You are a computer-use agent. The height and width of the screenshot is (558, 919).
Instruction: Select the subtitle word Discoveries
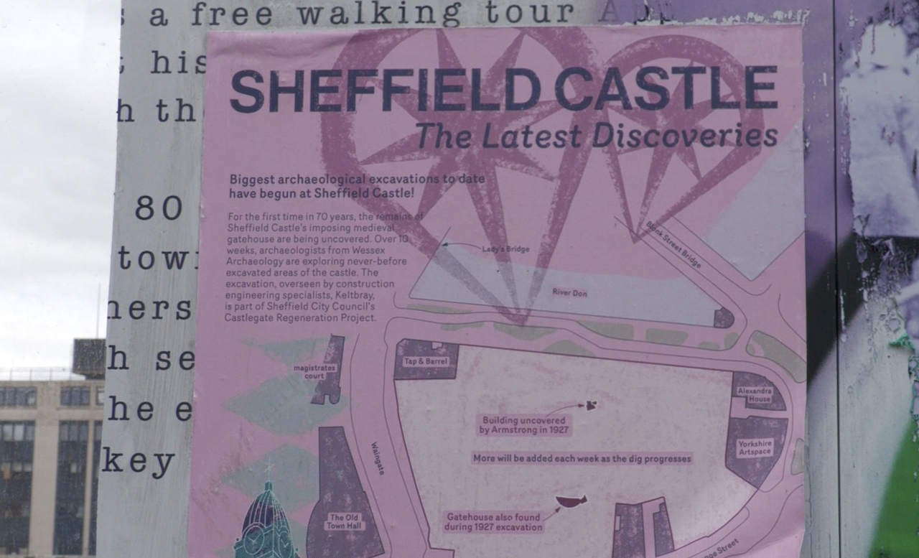(x=685, y=136)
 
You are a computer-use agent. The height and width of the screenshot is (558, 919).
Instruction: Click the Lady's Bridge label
(x=506, y=249)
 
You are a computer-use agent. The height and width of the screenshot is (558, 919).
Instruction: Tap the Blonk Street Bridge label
(x=673, y=244)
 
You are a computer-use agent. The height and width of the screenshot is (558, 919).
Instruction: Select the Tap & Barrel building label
(x=426, y=361)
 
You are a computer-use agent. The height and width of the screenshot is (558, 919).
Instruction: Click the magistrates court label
(x=315, y=371)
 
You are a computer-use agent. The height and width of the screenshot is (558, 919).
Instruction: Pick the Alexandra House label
(x=755, y=395)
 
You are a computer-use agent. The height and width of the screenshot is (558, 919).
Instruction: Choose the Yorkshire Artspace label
(x=755, y=447)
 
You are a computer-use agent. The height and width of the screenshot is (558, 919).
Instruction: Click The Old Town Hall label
(x=346, y=521)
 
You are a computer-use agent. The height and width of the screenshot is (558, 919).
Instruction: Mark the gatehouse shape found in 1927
(x=572, y=501)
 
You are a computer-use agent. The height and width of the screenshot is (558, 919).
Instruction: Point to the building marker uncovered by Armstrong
(x=592, y=405)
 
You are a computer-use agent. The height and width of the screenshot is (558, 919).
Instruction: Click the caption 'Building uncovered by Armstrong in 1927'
(x=525, y=424)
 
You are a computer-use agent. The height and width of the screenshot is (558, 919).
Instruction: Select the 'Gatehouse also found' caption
(x=494, y=521)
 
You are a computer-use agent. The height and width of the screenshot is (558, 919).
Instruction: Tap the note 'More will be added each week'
(x=582, y=457)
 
